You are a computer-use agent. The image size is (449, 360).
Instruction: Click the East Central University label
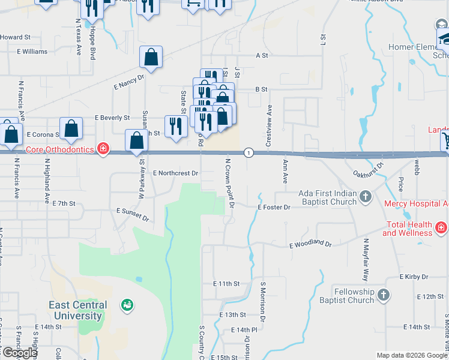point(78,310)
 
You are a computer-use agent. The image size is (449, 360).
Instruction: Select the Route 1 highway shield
point(248,153)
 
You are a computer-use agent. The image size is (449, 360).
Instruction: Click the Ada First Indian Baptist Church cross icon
point(365,196)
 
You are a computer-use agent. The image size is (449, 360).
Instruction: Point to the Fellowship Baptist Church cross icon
point(383,295)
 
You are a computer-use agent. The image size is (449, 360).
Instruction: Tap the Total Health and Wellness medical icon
point(441,228)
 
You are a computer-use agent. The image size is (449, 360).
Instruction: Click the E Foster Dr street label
point(274,207)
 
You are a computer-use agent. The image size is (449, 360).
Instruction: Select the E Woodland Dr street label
point(310,245)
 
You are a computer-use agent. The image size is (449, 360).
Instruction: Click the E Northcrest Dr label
point(175,173)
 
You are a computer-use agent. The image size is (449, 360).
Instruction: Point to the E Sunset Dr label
point(132,212)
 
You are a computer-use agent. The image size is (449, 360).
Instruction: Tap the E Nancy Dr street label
point(129,82)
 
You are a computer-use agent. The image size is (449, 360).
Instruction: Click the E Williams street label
point(32,52)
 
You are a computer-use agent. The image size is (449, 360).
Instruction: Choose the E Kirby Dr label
point(414,277)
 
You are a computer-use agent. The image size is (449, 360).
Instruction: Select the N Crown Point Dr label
point(229,184)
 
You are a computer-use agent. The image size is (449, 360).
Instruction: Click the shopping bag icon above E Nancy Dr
point(151,58)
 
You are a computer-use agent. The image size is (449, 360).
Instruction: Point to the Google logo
point(19,353)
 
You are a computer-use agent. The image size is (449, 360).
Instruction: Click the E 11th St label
point(226,283)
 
